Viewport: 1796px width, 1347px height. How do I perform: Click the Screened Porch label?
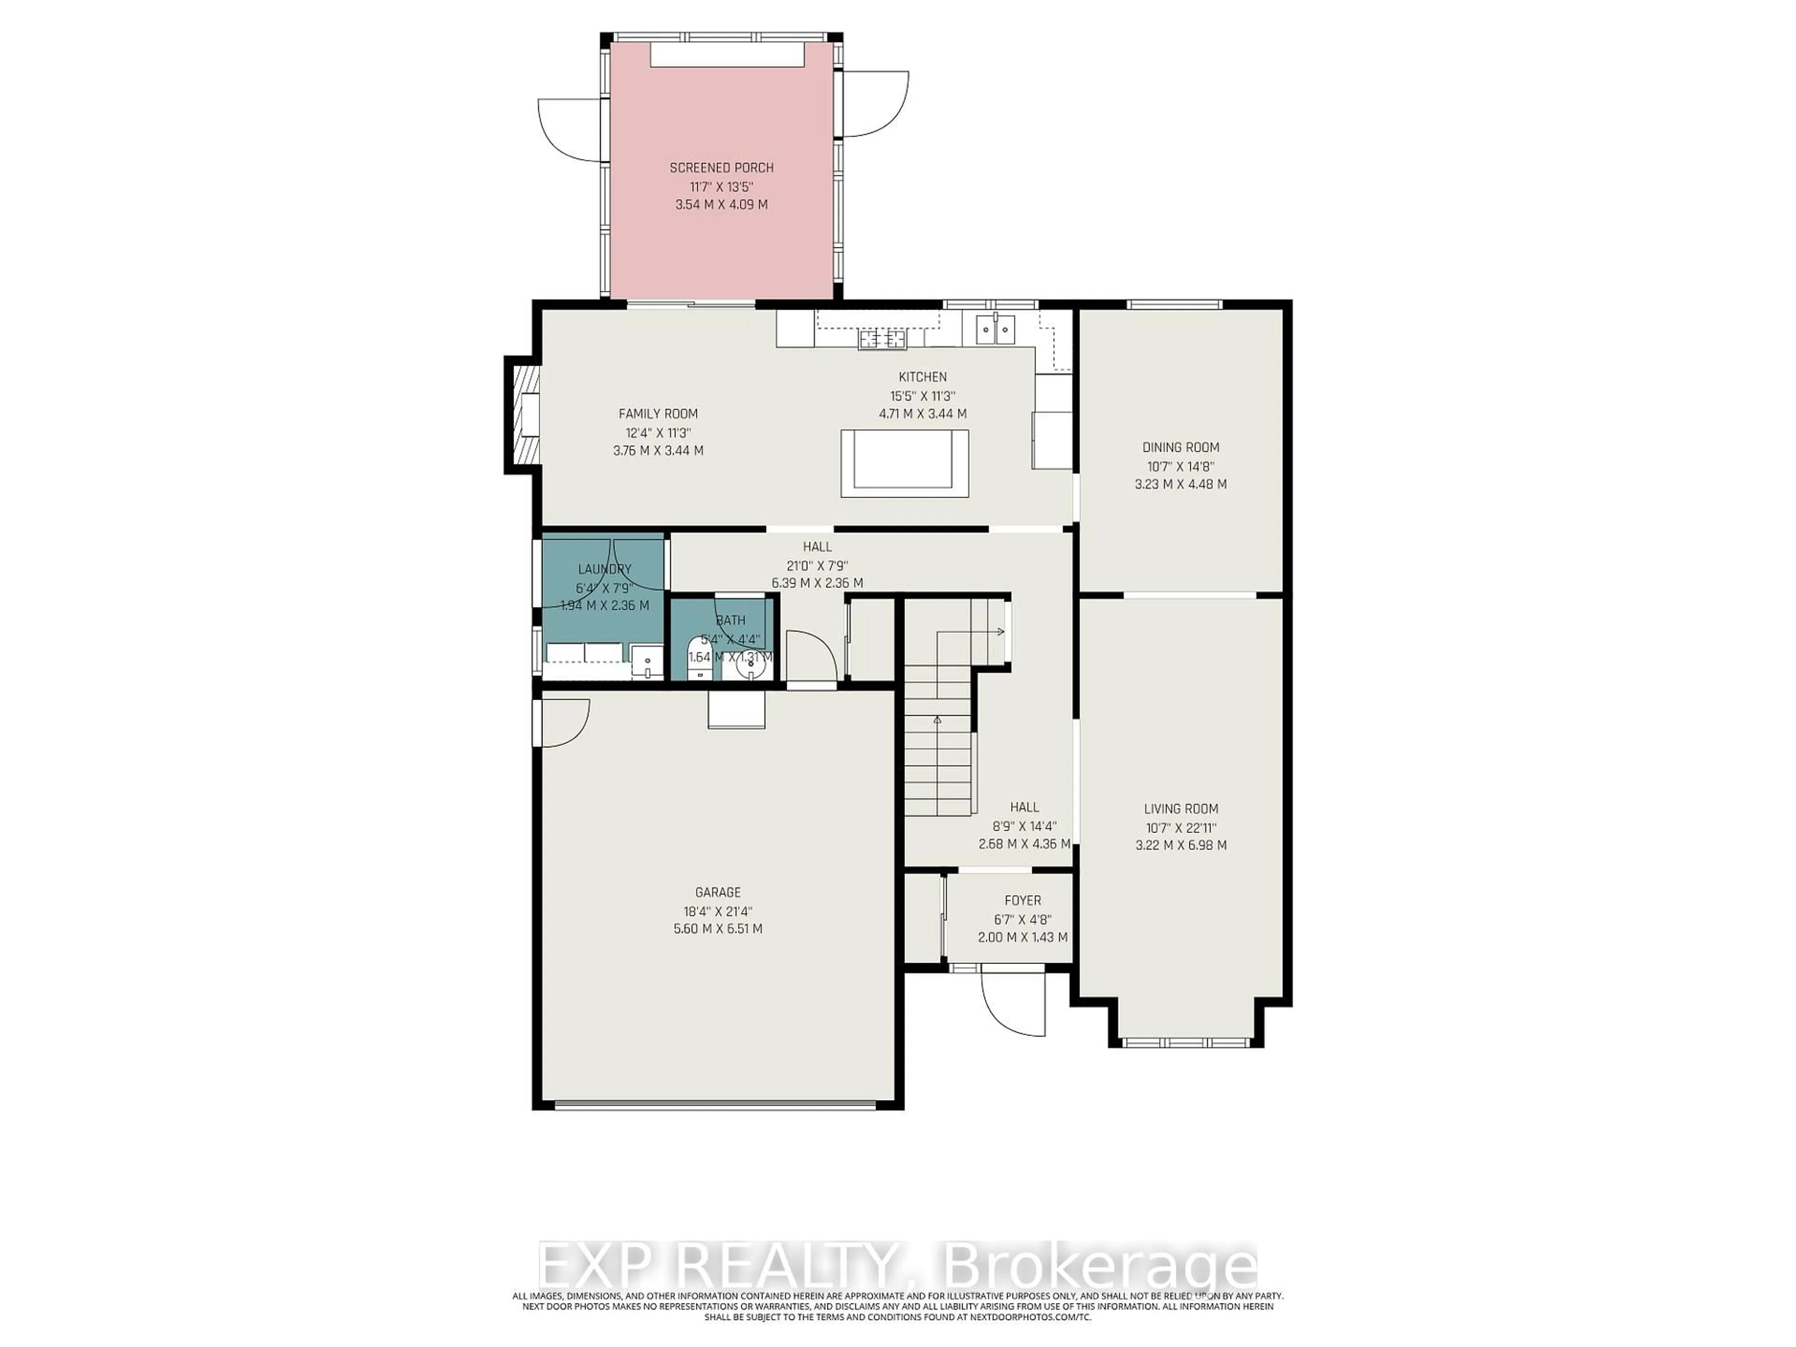tap(721, 168)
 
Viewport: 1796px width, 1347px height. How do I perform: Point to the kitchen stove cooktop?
tap(883, 340)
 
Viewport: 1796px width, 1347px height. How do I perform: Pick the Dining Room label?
tap(1180, 448)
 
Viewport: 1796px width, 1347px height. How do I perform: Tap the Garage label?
tap(718, 892)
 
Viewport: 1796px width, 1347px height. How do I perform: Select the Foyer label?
tap(1022, 900)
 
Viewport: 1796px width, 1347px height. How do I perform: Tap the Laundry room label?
tap(604, 569)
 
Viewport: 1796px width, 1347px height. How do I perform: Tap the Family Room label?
tap(658, 414)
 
